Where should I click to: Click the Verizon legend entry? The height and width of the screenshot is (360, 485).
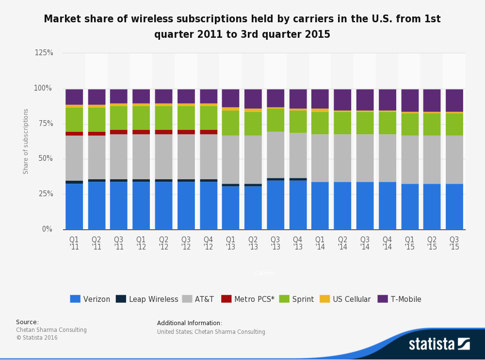coord(90,299)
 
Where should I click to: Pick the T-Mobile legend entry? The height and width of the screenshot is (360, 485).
coord(399,299)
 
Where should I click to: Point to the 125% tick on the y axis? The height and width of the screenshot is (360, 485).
coord(44,53)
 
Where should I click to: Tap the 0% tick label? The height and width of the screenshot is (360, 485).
coord(47,229)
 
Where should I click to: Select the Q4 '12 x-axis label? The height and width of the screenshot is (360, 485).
coord(209,243)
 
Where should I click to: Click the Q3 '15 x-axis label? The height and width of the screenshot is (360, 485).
coord(454,243)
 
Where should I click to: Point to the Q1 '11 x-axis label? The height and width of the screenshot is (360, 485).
coord(74,243)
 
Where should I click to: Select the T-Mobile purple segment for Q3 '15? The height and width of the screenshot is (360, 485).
coord(454,100)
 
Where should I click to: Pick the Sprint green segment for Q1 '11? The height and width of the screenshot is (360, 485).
coord(74,119)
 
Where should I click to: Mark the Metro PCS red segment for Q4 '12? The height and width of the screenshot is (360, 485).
coord(209,132)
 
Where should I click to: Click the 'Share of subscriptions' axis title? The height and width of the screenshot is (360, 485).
coord(26,141)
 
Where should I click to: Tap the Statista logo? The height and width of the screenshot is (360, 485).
coord(439,344)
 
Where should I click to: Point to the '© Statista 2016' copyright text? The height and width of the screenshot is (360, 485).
coord(37,338)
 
